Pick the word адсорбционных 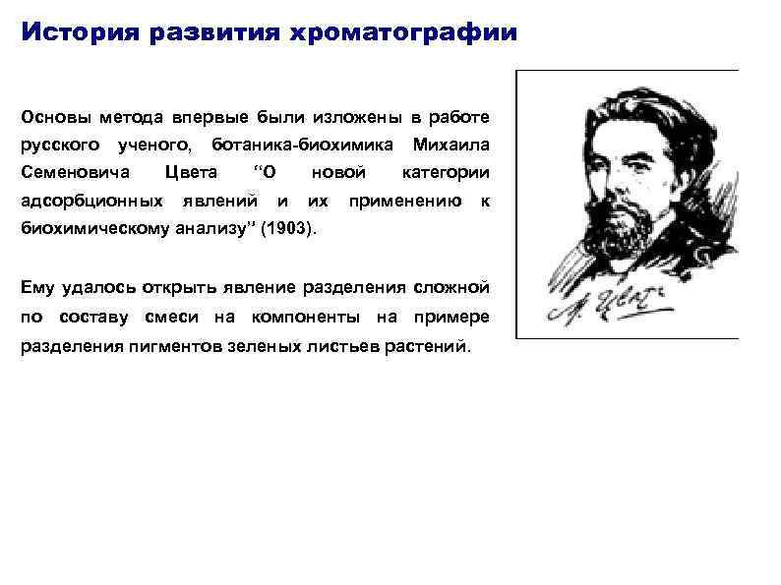[x=92, y=203]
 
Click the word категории [x=447, y=174]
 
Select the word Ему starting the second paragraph [x=38, y=287]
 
